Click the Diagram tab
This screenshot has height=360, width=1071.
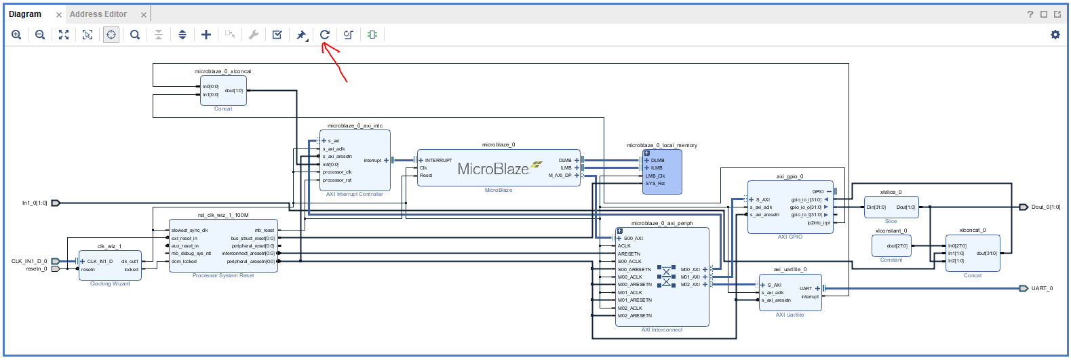(x=25, y=14)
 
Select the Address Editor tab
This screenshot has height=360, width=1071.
(x=98, y=14)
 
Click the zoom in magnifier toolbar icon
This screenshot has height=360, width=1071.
(x=16, y=35)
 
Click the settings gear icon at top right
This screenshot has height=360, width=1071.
(x=1055, y=35)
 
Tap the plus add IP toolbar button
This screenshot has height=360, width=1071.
(x=206, y=35)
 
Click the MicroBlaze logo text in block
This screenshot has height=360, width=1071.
(x=493, y=169)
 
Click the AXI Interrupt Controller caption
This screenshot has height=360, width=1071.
(x=354, y=195)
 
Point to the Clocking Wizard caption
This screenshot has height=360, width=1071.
(x=110, y=284)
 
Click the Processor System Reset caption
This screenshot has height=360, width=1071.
(x=223, y=276)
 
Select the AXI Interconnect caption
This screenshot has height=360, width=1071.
(x=662, y=330)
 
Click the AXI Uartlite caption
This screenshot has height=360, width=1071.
(x=790, y=315)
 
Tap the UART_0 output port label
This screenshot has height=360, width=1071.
(x=1042, y=289)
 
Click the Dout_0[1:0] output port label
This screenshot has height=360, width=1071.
(x=1045, y=207)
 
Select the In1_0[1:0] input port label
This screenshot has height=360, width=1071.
(x=35, y=203)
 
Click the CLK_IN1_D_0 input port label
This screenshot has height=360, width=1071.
(x=29, y=261)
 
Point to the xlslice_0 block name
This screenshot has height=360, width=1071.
(x=891, y=193)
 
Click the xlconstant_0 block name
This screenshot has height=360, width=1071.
(x=891, y=231)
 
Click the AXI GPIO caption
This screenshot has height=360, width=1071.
(x=790, y=237)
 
